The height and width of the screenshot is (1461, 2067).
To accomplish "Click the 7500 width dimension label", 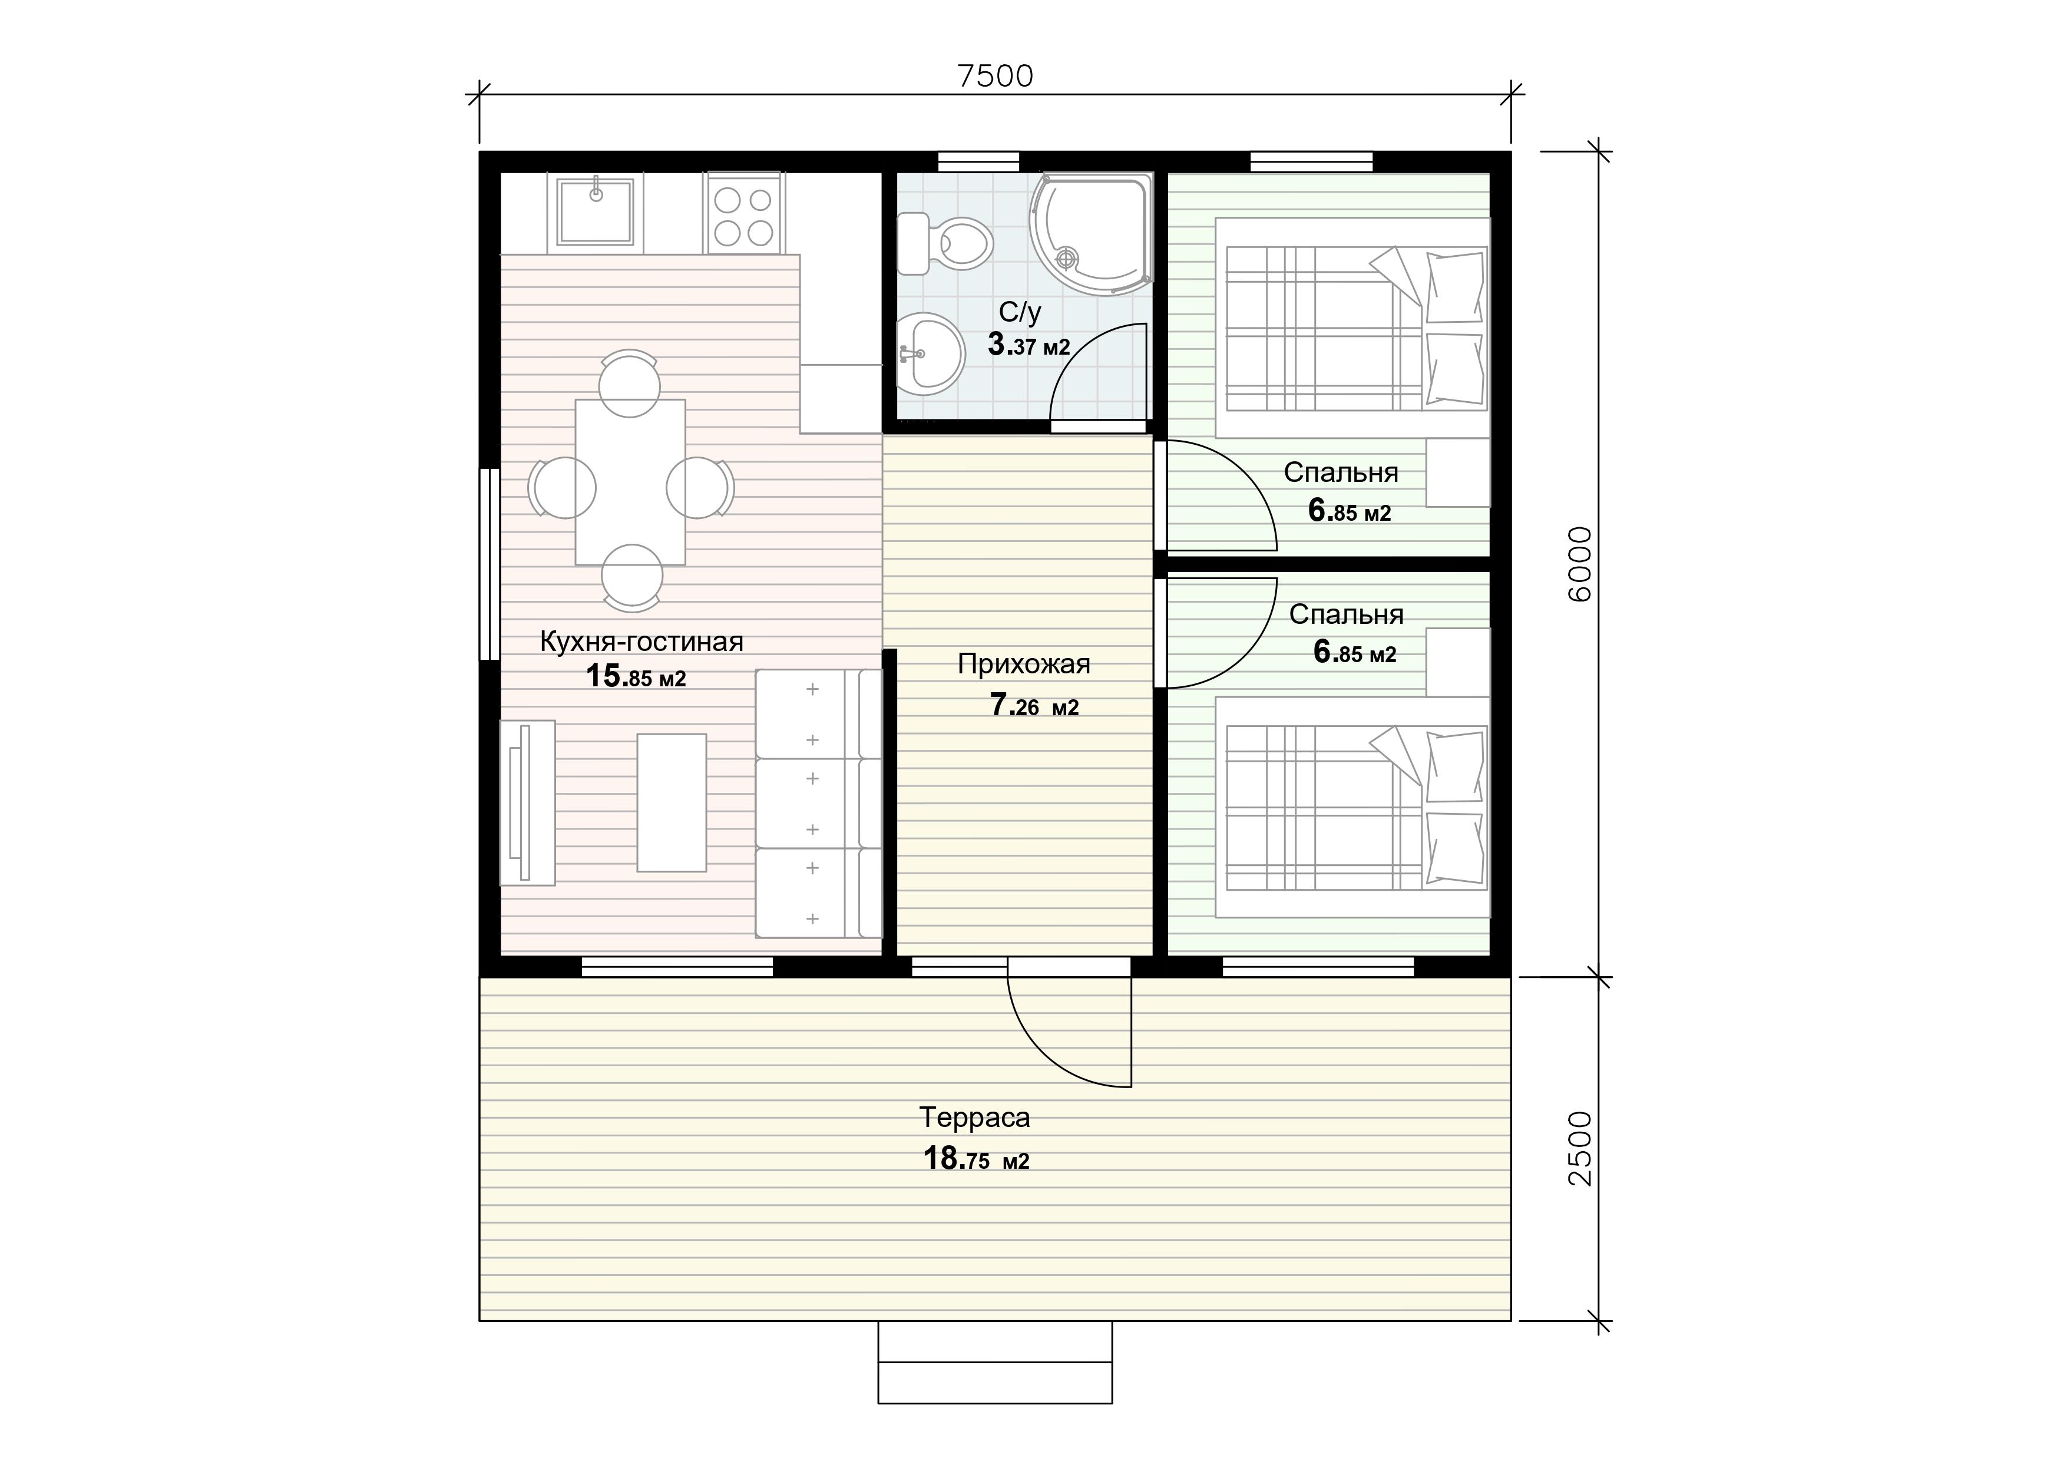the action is pyautogui.click(x=995, y=77).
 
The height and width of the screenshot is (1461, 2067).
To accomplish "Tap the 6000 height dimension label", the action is pyautogui.click(x=1580, y=564).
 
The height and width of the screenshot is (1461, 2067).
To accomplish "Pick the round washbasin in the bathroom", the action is pyautogui.click(x=930, y=354).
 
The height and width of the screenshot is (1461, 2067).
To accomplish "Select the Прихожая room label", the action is pyautogui.click(x=1024, y=665).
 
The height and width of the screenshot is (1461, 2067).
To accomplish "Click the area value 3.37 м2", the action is pyautogui.click(x=1028, y=344).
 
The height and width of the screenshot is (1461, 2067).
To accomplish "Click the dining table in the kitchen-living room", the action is pyautogui.click(x=630, y=481).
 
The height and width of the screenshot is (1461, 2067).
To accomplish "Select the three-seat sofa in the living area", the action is pyautogui.click(x=818, y=803).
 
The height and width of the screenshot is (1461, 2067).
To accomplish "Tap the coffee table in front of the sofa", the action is pyautogui.click(x=672, y=802).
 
